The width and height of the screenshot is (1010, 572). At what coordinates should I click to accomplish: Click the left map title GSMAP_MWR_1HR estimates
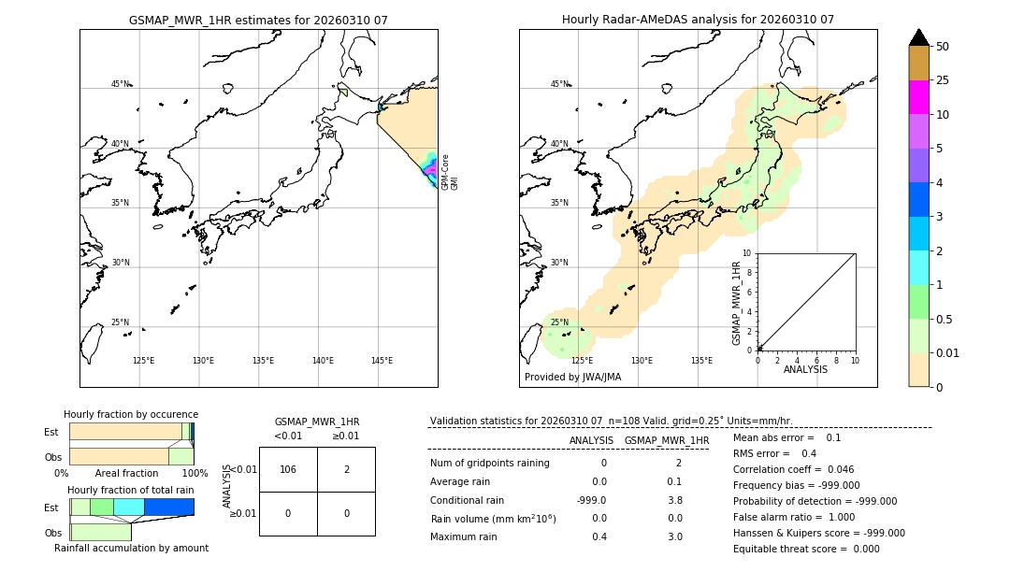click(258, 20)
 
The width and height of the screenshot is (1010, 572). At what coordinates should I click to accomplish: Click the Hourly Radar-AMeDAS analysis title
click(698, 20)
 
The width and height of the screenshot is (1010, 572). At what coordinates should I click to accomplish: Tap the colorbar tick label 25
click(943, 80)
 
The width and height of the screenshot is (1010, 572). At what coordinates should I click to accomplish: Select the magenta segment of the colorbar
click(918, 97)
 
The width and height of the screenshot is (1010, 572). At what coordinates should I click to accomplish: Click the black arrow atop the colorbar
click(918, 37)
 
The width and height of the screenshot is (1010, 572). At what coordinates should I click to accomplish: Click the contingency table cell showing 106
click(288, 469)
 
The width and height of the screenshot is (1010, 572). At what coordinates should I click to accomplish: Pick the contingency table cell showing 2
click(346, 469)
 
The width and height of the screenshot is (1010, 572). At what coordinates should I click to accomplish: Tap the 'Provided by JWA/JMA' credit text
click(572, 377)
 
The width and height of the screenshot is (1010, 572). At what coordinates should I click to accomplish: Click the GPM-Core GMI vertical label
click(450, 172)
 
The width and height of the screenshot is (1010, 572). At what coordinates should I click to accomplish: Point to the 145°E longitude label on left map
click(382, 361)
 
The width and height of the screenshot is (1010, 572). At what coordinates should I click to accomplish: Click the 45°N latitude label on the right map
click(559, 84)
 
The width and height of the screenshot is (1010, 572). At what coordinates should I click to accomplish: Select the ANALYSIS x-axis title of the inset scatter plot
click(805, 369)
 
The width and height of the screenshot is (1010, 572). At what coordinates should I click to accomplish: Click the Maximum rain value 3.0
click(674, 536)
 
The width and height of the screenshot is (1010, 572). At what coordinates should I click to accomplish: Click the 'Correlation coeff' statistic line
click(793, 469)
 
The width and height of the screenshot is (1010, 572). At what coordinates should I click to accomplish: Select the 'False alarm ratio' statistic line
click(793, 517)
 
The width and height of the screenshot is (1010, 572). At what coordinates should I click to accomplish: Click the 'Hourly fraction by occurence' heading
click(131, 414)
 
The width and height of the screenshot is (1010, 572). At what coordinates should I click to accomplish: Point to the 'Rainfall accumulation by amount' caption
click(131, 548)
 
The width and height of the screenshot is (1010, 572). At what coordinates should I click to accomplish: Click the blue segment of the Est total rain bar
click(168, 507)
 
